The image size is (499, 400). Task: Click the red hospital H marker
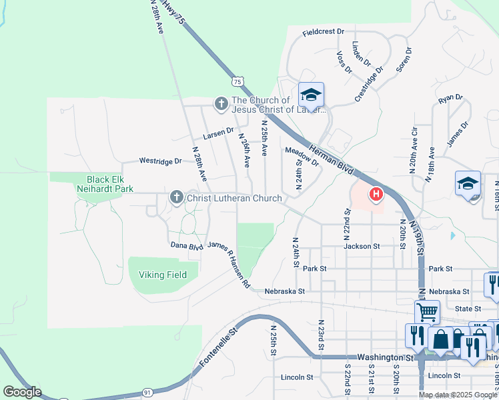click(x=376, y=195)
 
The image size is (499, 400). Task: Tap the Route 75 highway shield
click(x=237, y=81)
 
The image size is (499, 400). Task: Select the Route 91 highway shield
click(x=147, y=393)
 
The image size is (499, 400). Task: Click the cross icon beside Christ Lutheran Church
click(x=176, y=197)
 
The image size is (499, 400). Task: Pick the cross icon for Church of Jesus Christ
click(x=221, y=104)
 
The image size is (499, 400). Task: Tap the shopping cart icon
click(x=426, y=311)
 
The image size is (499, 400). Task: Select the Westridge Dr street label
click(x=160, y=161)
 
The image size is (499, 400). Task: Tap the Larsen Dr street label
click(x=219, y=133)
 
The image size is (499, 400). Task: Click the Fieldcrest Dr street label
click(x=323, y=31)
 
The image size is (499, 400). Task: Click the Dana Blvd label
click(x=186, y=246)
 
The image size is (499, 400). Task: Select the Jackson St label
click(x=362, y=246)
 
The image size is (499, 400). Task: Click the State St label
click(x=468, y=309)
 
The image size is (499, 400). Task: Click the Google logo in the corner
click(x=22, y=392)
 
